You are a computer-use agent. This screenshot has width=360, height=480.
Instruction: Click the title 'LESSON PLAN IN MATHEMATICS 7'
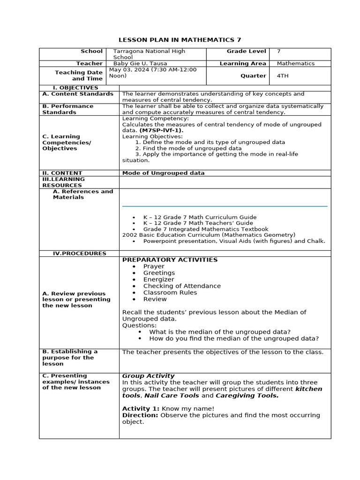(x=180, y=40)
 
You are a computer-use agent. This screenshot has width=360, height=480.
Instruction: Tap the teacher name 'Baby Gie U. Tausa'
(x=140, y=64)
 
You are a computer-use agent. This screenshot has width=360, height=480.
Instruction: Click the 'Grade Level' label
(x=246, y=51)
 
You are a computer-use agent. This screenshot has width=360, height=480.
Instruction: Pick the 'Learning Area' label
(x=242, y=64)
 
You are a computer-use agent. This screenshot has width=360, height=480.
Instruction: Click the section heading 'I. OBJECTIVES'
(x=75, y=88)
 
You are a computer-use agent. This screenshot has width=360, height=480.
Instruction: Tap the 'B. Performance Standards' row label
(x=67, y=109)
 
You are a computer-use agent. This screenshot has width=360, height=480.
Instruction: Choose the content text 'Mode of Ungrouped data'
(x=163, y=173)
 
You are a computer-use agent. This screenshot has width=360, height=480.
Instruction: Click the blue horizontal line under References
(x=225, y=206)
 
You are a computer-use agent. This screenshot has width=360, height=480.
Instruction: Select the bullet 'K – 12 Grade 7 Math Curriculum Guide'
(x=200, y=217)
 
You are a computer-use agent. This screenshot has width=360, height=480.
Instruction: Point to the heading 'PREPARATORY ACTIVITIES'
(x=170, y=260)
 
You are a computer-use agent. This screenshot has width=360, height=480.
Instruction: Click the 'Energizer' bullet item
(x=158, y=279)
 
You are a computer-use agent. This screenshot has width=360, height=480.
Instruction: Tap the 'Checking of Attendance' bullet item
(x=182, y=286)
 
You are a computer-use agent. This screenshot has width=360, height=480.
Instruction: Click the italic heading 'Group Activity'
(x=148, y=376)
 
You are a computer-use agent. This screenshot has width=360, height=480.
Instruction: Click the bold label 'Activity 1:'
(x=141, y=409)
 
